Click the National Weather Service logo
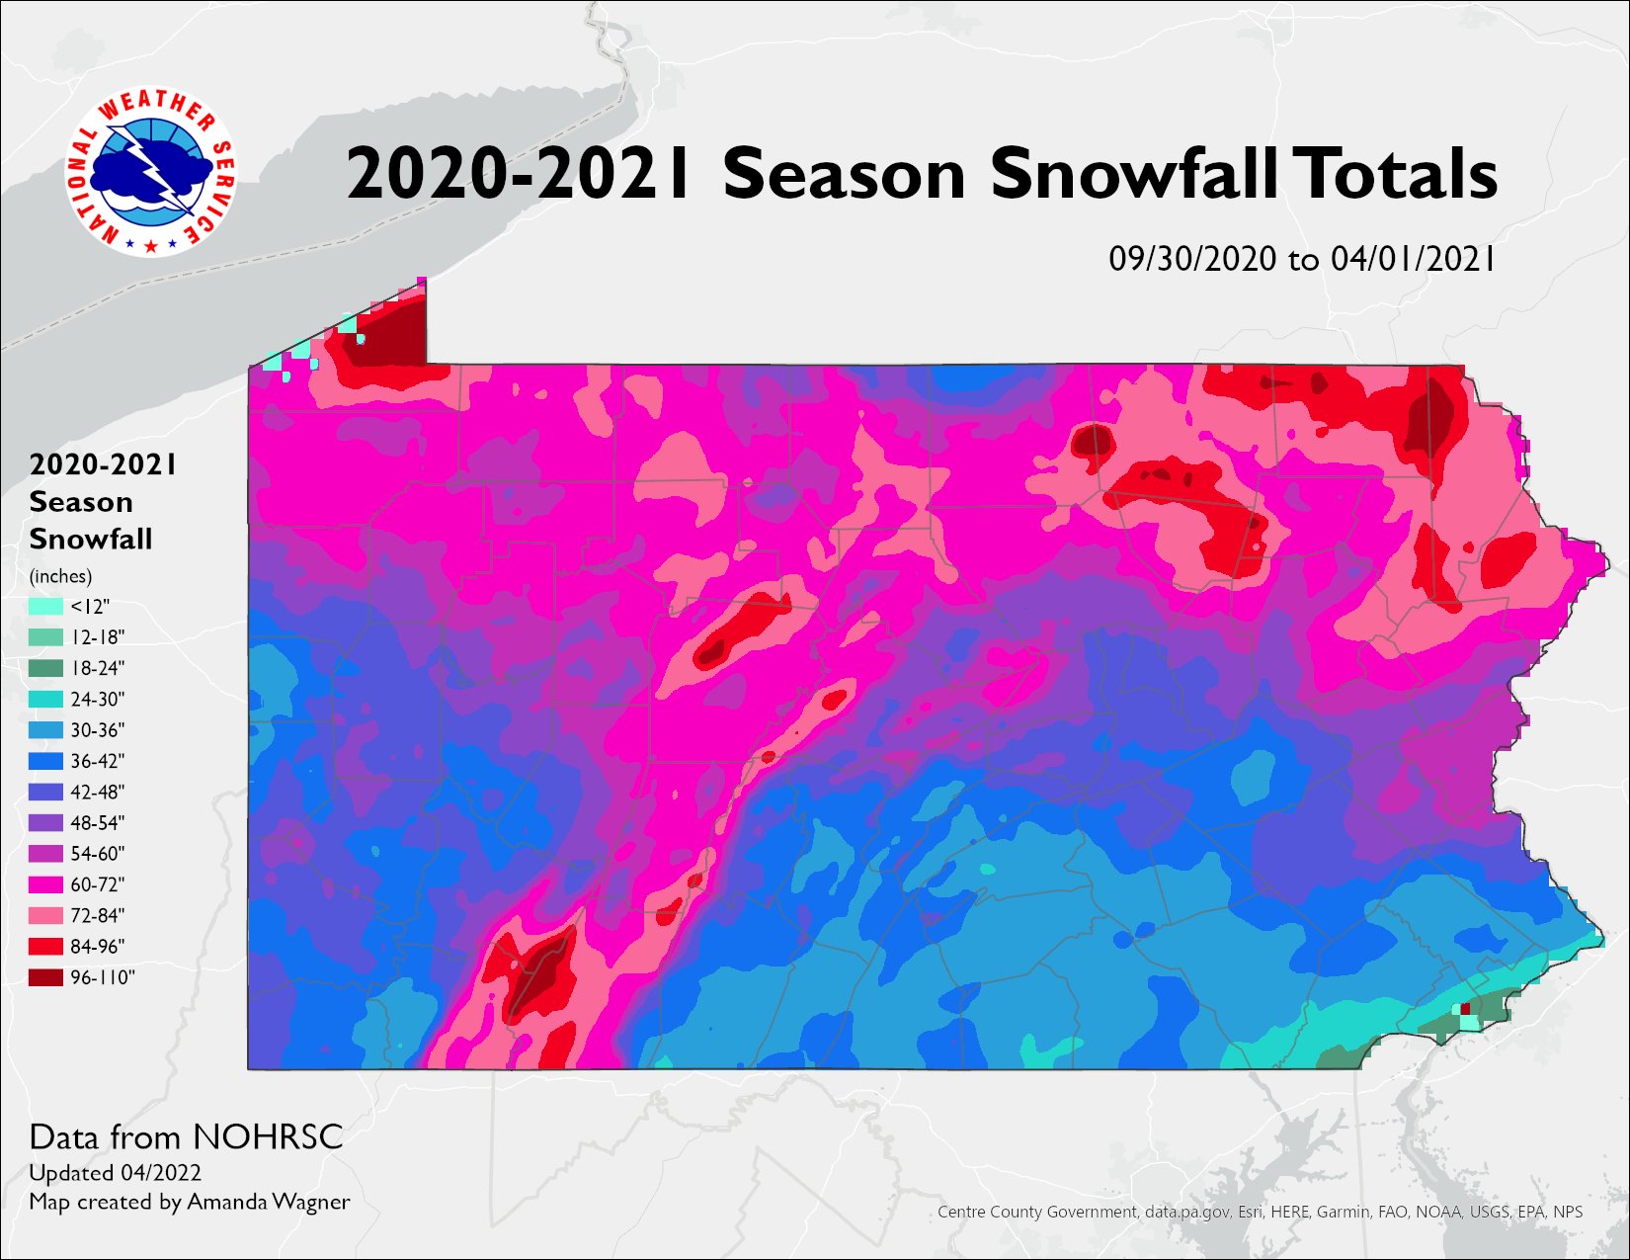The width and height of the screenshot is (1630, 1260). [151, 173]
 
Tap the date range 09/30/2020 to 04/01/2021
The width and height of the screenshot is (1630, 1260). [1302, 259]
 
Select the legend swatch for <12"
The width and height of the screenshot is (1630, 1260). [46, 606]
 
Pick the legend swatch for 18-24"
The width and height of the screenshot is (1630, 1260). [46, 668]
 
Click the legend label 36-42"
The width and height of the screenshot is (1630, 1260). [98, 761]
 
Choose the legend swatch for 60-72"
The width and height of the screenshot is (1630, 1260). [46, 884]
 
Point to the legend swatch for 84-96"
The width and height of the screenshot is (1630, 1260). [46, 946]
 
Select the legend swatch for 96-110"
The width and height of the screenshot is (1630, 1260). [46, 977]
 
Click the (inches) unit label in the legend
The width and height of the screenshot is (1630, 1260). [60, 576]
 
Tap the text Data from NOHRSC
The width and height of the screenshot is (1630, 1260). [186, 1137]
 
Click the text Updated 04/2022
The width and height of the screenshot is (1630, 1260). [115, 1173]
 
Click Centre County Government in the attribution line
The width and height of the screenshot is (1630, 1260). [1037, 1212]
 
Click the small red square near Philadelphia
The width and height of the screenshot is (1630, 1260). [1466, 1008]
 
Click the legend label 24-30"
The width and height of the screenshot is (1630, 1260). [98, 700]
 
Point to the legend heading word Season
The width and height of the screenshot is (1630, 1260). [81, 502]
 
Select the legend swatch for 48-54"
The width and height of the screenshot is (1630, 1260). [46, 822]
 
